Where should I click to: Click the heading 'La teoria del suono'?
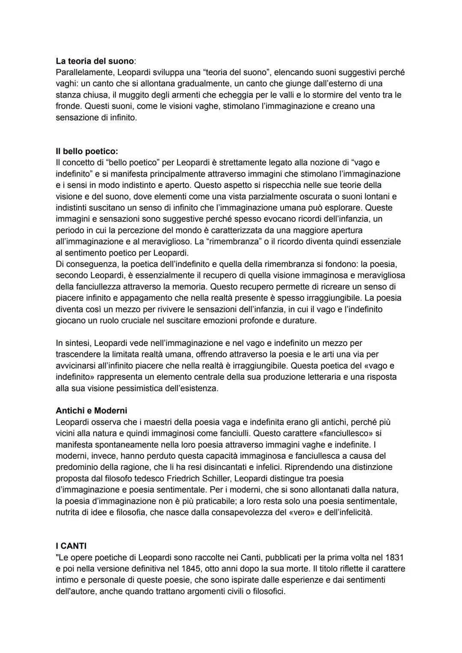[x=95, y=61]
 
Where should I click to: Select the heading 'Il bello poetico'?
[x=86, y=152]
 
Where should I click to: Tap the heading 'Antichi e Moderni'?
[x=91, y=411]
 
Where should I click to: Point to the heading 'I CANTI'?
[x=71, y=546]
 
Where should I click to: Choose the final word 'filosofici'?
[x=266, y=592]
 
